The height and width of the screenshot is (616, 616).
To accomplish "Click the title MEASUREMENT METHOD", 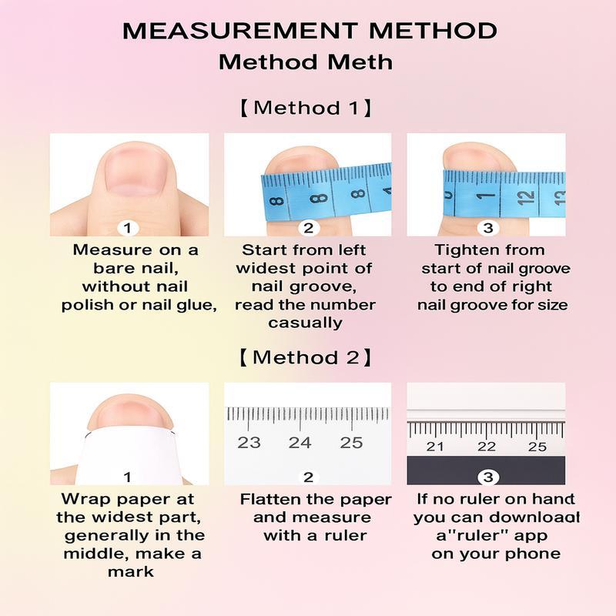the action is click(310, 31).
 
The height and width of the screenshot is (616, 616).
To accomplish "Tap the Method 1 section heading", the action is click(306, 108).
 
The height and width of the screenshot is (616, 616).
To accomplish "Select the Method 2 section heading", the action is click(306, 357).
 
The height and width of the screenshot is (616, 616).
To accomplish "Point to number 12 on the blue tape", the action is click(526, 196).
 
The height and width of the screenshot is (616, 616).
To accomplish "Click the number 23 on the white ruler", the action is click(249, 443).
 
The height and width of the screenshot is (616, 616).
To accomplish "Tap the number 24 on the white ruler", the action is click(300, 443).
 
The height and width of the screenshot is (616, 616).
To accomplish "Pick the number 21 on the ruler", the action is click(435, 447).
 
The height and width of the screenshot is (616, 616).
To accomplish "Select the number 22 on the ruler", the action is click(487, 447).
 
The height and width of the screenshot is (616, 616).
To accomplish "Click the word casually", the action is click(305, 323).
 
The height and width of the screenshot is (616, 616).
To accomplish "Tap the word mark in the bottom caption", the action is click(131, 571).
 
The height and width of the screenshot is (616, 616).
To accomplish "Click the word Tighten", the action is click(460, 250).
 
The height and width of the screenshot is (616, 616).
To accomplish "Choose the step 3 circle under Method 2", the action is click(488, 477).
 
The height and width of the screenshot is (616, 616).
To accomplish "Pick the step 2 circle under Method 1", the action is click(309, 228).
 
